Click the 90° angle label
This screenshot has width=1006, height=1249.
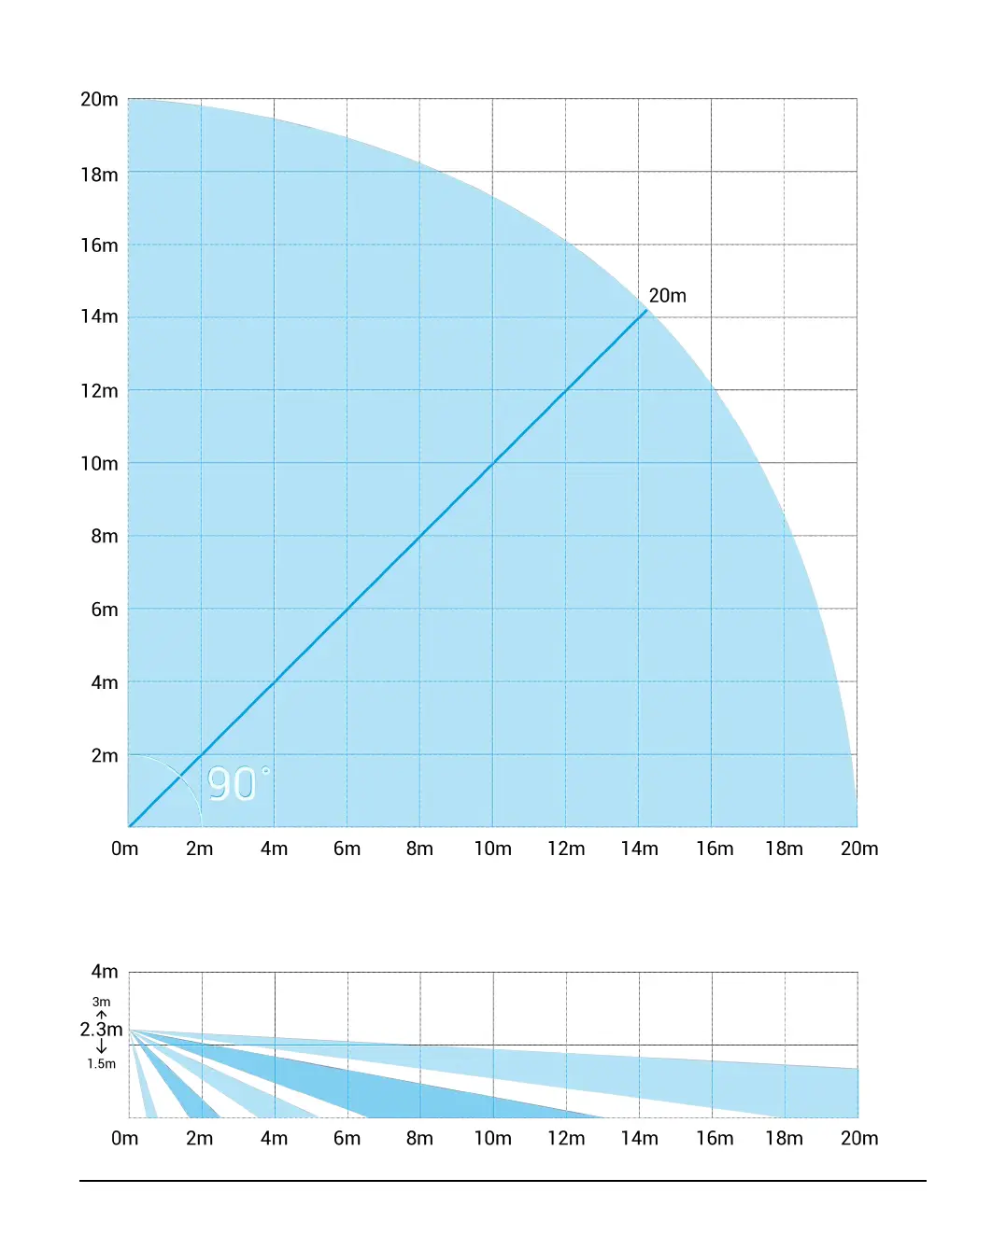tap(237, 784)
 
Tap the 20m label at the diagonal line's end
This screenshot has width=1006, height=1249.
tap(667, 296)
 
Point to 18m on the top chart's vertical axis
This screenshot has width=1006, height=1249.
tap(99, 175)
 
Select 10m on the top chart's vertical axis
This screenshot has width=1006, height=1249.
tap(99, 464)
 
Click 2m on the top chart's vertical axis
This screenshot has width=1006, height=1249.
tap(105, 755)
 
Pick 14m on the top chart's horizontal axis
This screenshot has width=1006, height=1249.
tap(639, 849)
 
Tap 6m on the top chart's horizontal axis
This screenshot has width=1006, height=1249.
tap(347, 849)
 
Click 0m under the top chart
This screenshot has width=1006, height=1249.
tap(124, 849)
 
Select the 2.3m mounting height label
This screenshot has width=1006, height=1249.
tap(101, 1029)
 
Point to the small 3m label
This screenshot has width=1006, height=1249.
tap(101, 1002)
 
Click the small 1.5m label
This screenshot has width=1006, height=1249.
tap(101, 1063)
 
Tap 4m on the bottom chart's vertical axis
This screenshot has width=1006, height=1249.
tap(105, 972)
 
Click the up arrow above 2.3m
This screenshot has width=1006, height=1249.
tap(101, 1014)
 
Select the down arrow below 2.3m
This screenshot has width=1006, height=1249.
tap(101, 1047)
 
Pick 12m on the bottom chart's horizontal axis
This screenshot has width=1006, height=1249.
tap(566, 1138)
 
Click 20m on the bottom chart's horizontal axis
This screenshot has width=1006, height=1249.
tap(859, 1138)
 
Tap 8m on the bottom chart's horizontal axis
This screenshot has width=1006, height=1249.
tap(419, 1138)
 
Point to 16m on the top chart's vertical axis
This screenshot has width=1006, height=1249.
tap(99, 246)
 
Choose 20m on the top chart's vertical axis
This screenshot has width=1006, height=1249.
tap(99, 99)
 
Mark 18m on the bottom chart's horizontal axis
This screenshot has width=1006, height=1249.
tap(784, 1138)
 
